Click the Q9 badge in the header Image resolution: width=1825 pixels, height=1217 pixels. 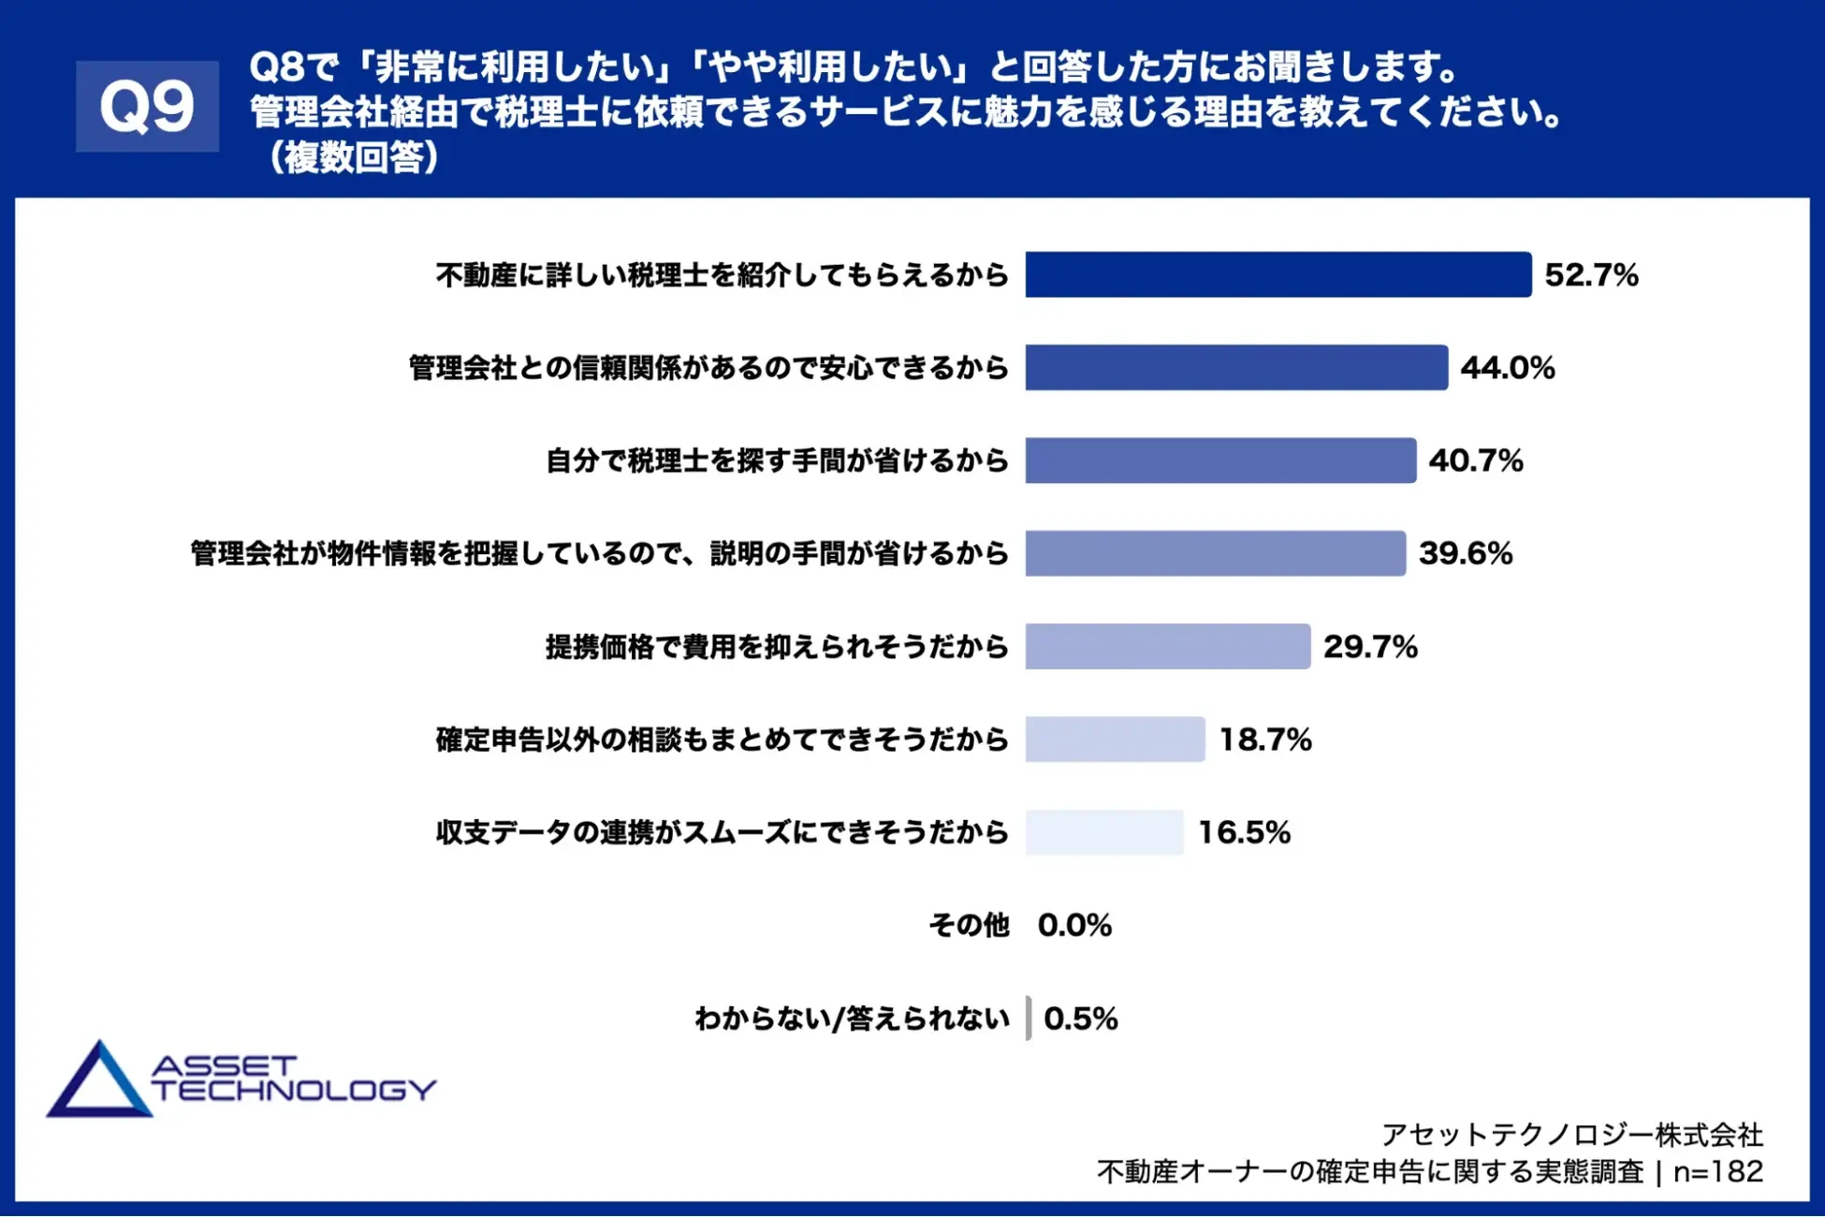click(147, 106)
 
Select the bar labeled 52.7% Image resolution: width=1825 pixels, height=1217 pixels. click(1277, 274)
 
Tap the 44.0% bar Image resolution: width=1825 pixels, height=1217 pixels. click(1235, 367)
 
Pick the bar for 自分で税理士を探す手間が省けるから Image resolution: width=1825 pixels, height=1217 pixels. click(1219, 461)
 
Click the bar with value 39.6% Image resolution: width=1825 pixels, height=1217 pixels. click(1215, 553)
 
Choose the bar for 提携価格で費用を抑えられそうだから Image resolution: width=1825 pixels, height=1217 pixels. click(1167, 646)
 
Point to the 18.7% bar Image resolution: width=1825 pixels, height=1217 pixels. click(1115, 740)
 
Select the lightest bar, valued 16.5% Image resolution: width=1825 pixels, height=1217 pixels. click(1104, 832)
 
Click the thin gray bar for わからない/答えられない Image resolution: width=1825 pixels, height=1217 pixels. click(1029, 1018)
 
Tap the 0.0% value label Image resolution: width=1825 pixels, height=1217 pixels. click(1074, 925)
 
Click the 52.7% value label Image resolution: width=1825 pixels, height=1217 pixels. click(1591, 275)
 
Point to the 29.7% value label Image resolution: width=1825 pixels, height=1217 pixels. click(1370, 647)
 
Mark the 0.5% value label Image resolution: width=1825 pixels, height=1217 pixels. click(1081, 1019)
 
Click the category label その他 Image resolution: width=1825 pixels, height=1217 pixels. click(969, 925)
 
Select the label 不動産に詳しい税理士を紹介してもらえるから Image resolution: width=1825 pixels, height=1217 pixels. click(722, 275)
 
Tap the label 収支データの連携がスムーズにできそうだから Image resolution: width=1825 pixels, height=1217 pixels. click(722, 832)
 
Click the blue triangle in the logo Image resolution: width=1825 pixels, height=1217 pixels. click(97, 1084)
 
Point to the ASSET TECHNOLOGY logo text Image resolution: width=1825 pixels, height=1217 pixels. click(293, 1078)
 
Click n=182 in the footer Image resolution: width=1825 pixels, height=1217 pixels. click(1717, 1171)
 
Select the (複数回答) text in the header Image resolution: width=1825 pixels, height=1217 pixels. click(353, 157)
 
